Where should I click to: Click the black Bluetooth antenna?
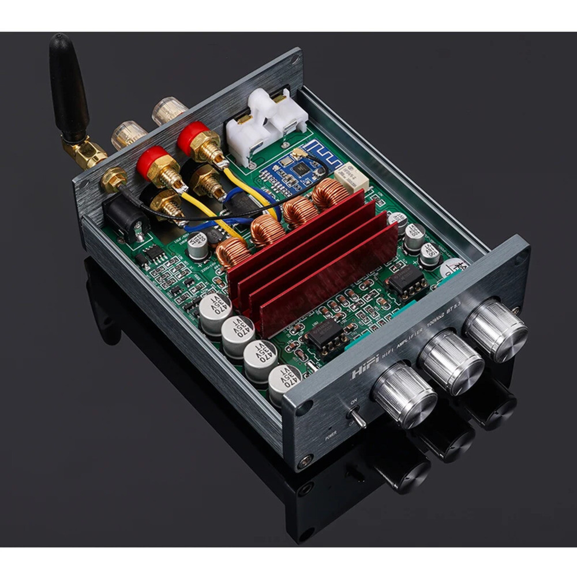[x=68, y=89]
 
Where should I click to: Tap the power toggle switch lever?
[x=356, y=419]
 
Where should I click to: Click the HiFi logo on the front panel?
[x=365, y=370]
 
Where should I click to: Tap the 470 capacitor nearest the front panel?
[x=285, y=383]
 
